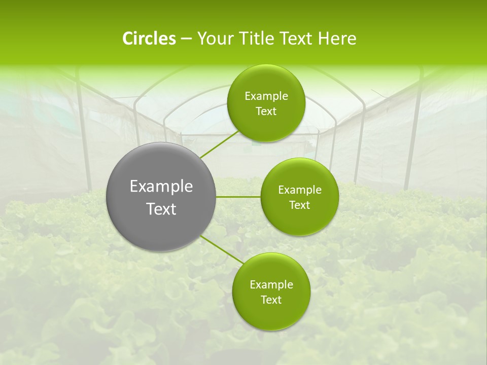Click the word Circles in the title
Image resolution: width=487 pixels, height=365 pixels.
click(x=149, y=39)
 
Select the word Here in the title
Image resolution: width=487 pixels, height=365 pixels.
click(x=337, y=39)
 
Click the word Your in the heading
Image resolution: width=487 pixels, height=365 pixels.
click(x=214, y=39)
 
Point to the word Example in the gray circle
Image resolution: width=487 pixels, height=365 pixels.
click(x=161, y=187)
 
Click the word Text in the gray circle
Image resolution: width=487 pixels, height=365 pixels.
click(x=161, y=209)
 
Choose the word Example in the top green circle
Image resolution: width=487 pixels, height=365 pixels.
click(x=266, y=96)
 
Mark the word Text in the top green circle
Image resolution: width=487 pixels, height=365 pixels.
click(x=266, y=112)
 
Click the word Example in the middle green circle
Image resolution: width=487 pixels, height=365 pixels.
click(x=300, y=190)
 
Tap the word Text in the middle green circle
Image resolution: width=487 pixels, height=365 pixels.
click(x=300, y=205)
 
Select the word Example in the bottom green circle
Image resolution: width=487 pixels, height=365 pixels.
click(x=271, y=285)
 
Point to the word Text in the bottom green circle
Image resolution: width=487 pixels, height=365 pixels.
click(x=271, y=300)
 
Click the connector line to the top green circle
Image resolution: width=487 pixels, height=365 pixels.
click(x=219, y=144)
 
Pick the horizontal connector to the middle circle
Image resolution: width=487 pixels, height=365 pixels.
click(x=238, y=197)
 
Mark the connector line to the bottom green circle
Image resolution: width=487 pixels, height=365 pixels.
click(x=222, y=249)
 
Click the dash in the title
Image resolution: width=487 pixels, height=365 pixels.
click(x=186, y=39)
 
